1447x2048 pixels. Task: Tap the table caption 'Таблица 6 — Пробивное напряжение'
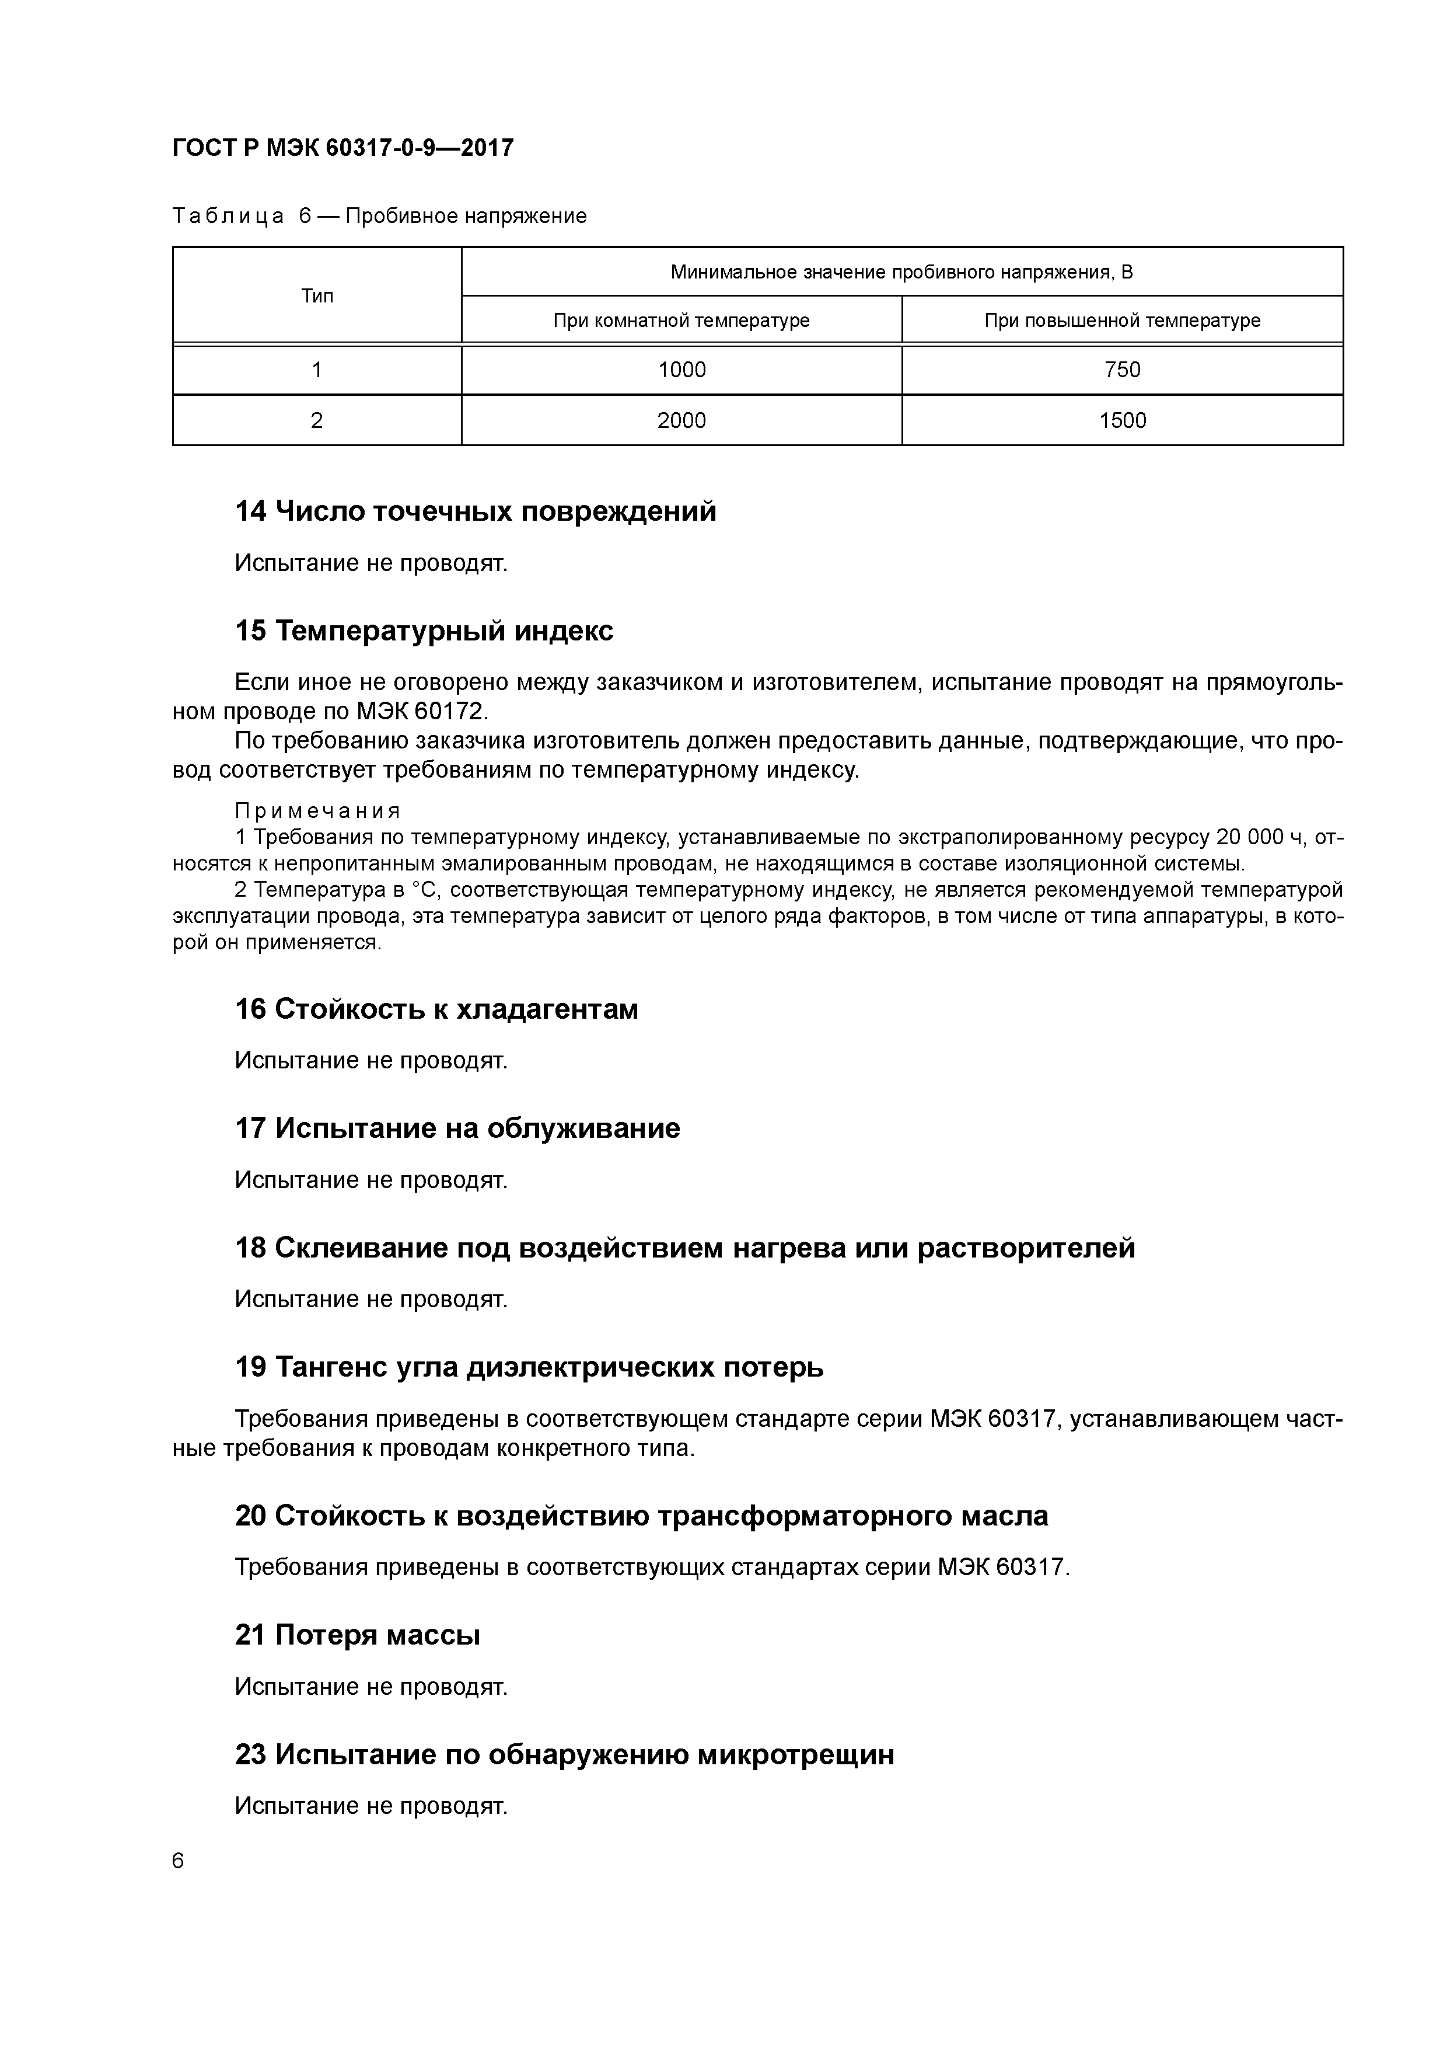coord(379,216)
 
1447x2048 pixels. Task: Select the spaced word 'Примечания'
coord(317,811)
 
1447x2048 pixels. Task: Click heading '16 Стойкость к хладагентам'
coord(436,1010)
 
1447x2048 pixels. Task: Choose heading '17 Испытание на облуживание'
coord(456,1129)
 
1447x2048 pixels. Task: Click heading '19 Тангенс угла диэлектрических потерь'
coord(529,1367)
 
